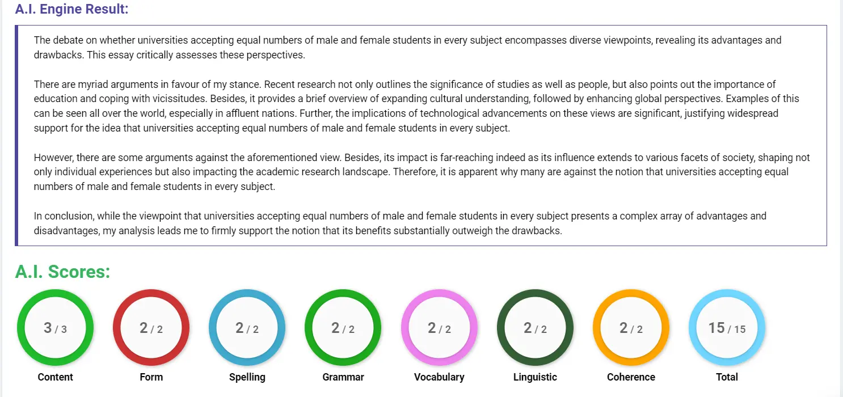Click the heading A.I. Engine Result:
pos(71,10)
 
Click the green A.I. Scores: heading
pos(62,272)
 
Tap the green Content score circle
pos(56,328)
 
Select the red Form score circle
pos(151,328)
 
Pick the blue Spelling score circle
pos(247,328)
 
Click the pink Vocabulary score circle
pos(439,328)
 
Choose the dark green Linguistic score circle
pos(535,328)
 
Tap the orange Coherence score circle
pos(631,328)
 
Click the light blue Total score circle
pos(727,328)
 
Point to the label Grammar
pos(343,377)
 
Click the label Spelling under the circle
pos(247,377)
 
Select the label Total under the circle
pos(727,377)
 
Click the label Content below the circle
pos(56,377)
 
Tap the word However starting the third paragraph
pos(53,157)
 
